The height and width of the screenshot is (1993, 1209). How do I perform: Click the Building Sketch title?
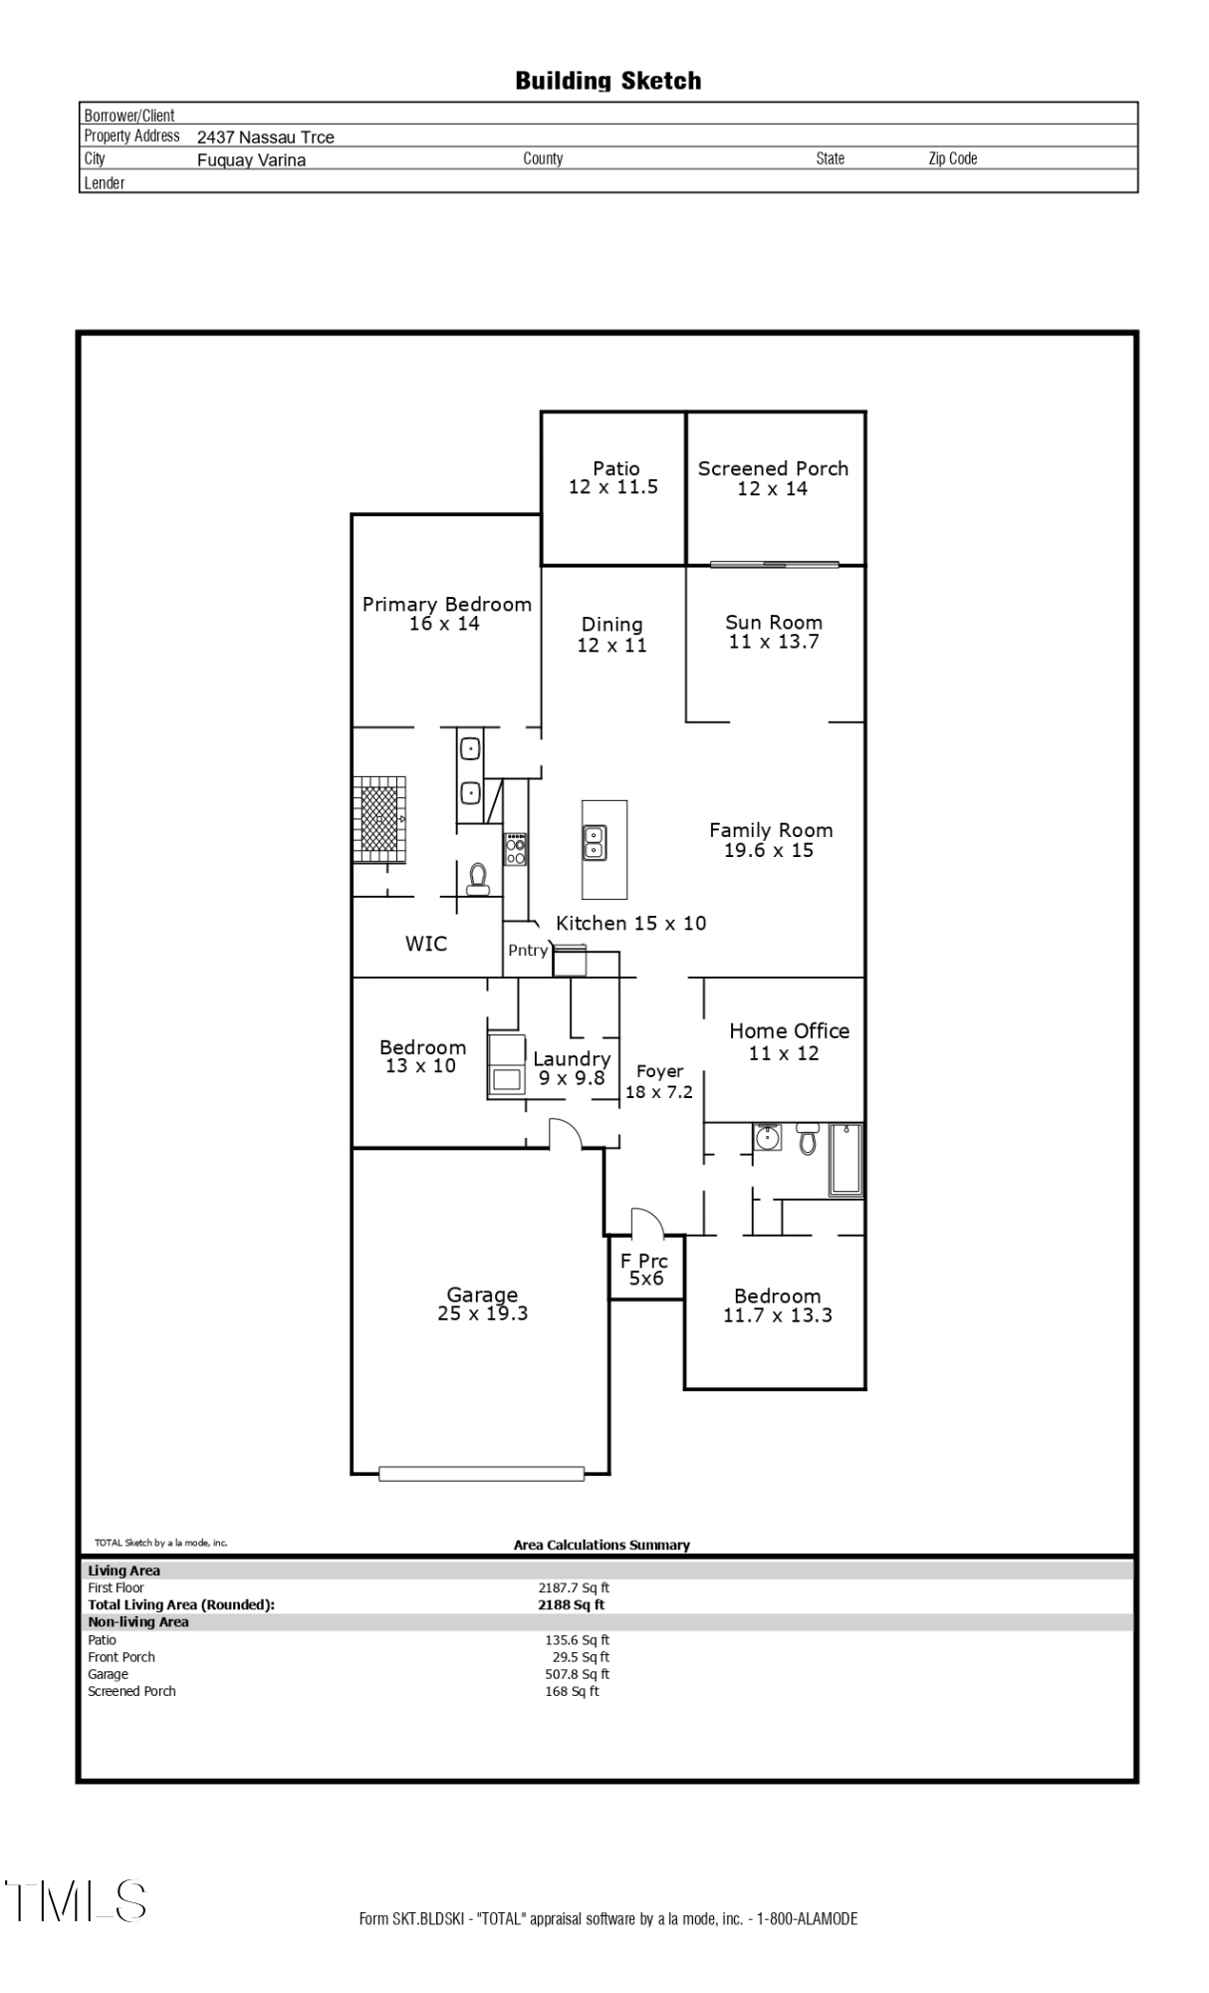click(x=607, y=81)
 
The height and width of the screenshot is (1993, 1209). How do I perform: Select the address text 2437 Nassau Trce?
click(x=265, y=138)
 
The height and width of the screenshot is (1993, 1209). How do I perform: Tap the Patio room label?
click(x=614, y=477)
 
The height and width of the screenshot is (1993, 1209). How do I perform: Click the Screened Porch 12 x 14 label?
click(x=773, y=478)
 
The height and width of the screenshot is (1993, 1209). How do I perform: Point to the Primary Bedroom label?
click(x=446, y=613)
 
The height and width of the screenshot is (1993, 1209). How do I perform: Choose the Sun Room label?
click(x=774, y=632)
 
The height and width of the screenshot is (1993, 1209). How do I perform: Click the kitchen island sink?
click(x=594, y=842)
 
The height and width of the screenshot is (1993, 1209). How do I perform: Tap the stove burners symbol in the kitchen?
click(x=516, y=849)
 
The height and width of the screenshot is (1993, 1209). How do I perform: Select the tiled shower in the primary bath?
click(x=379, y=819)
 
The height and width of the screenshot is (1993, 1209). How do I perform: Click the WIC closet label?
click(x=426, y=944)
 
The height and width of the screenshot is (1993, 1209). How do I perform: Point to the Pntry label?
click(x=528, y=951)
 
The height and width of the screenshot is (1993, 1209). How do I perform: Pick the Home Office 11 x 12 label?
click(x=788, y=1041)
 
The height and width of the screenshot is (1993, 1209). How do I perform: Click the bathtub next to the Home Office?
click(x=846, y=1159)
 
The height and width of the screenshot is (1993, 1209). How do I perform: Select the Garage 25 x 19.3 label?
click(x=482, y=1303)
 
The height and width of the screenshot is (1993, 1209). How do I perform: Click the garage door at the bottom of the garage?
click(x=481, y=1473)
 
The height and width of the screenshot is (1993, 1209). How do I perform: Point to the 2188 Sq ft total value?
click(x=571, y=1604)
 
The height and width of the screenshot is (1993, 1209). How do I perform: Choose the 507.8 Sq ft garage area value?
click(x=577, y=1674)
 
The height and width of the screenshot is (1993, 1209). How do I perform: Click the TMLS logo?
click(x=76, y=1900)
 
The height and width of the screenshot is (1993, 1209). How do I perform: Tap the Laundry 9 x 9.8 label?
click(x=572, y=1068)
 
